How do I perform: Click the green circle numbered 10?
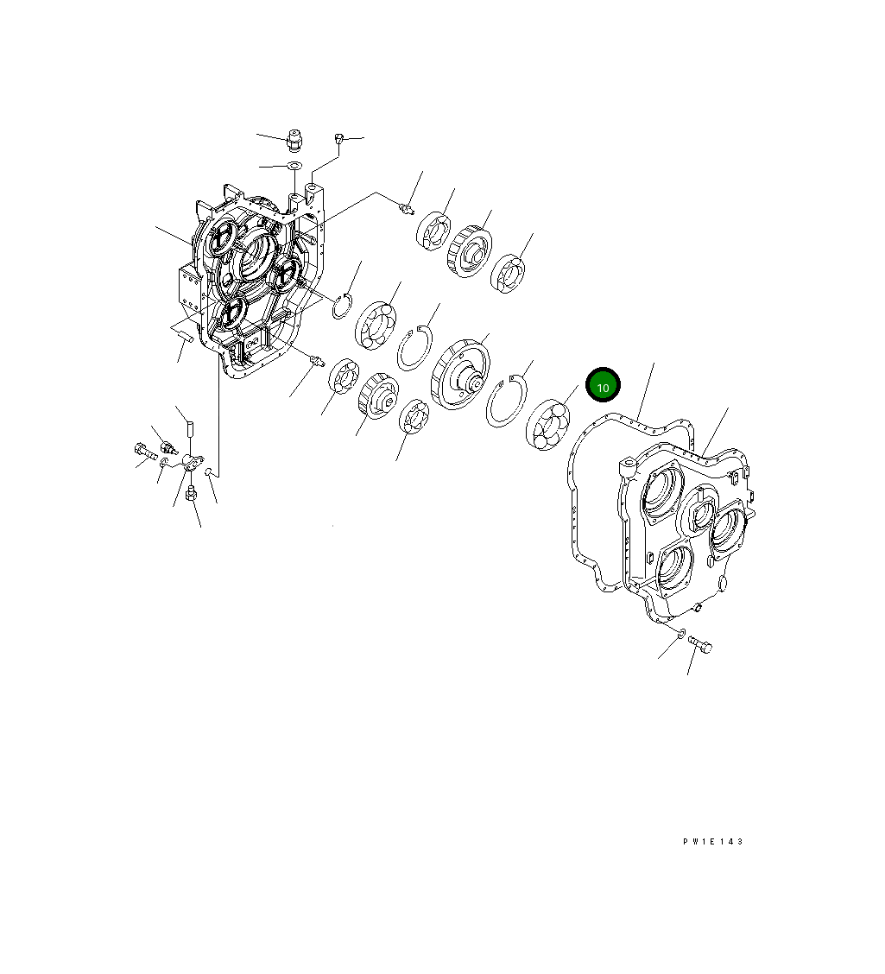pos(603,386)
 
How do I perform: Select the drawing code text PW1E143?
pos(712,842)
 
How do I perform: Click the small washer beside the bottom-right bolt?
pos(681,635)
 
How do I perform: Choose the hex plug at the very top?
pos(293,140)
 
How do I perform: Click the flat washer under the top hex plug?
pos(293,166)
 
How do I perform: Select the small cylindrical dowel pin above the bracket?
pos(191,427)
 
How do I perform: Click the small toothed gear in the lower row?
pos(376,395)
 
